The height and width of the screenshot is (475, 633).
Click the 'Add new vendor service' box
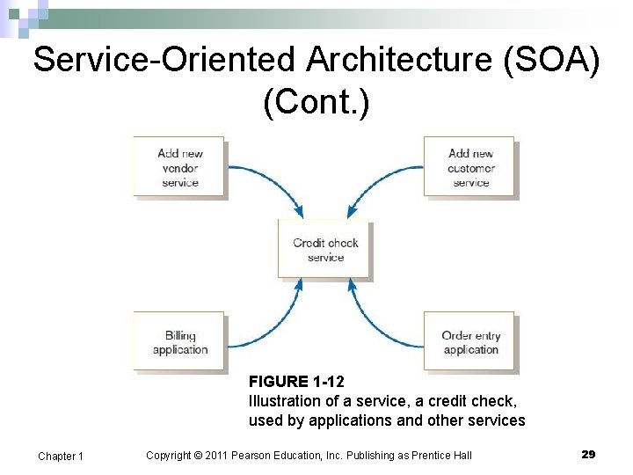179,167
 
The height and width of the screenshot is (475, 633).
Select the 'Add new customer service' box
470,167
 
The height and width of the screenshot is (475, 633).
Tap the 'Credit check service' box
325,250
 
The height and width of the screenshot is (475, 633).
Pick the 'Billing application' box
179,342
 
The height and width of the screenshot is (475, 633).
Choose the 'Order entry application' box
470,342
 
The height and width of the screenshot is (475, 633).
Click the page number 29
588,454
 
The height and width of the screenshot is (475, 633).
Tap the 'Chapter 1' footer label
61,456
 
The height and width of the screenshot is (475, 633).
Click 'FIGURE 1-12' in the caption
296,382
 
